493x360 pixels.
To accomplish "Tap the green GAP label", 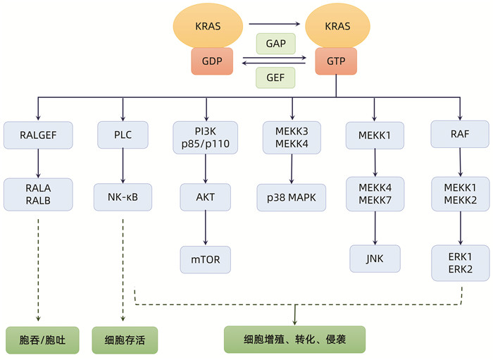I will (x=275, y=43).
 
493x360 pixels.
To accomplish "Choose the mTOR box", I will (x=206, y=259).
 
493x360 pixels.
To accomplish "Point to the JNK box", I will (x=374, y=259).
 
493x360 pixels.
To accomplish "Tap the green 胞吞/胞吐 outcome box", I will (x=38, y=340).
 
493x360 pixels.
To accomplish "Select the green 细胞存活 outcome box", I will (x=124, y=340).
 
